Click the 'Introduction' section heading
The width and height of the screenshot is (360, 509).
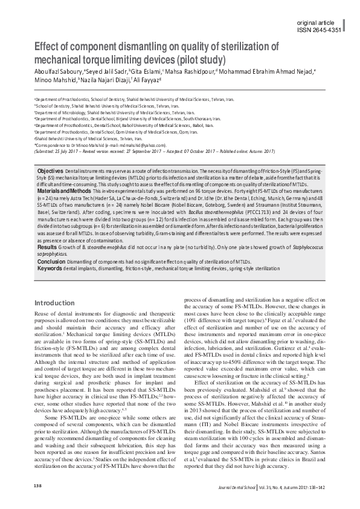(x=54, y=302)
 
